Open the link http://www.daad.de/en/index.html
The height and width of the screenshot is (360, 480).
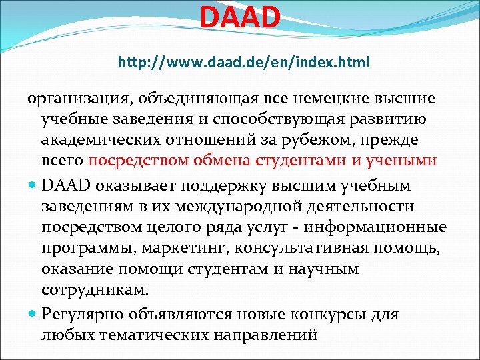[244, 63]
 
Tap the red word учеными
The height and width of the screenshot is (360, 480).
[404, 161]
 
